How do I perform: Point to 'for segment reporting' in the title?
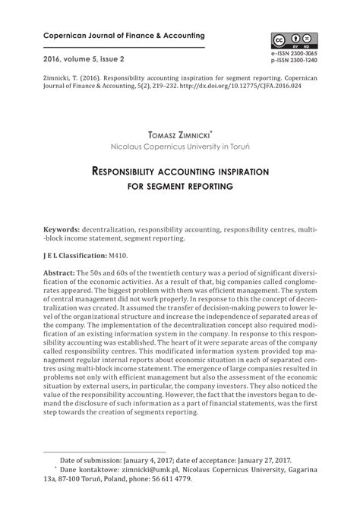point(179,187)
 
